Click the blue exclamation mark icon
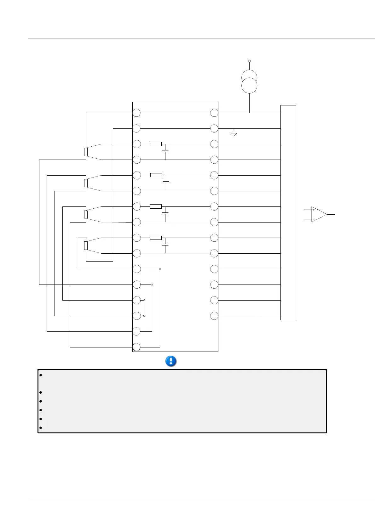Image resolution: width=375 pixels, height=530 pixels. (x=171, y=361)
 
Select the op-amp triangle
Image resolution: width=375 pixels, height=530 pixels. (x=319, y=214)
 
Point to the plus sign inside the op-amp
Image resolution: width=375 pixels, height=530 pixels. (x=314, y=210)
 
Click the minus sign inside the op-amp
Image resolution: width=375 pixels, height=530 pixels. (x=314, y=219)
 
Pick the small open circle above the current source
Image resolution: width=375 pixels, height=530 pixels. (x=249, y=61)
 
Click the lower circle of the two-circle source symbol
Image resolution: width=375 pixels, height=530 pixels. (x=249, y=86)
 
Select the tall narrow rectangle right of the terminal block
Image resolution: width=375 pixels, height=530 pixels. (x=288, y=212)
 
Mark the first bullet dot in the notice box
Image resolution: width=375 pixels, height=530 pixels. (x=41, y=375)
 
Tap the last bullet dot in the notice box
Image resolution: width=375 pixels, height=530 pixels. (x=41, y=428)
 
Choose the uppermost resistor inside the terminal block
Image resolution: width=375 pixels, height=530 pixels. (x=156, y=144)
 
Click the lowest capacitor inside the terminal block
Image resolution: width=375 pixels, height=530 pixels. (x=165, y=245)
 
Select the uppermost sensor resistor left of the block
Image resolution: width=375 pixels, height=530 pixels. (x=86, y=152)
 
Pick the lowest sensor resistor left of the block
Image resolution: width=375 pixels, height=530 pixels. (x=86, y=245)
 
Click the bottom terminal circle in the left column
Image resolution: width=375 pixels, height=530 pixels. (x=136, y=347)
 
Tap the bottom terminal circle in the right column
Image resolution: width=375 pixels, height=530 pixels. (x=214, y=316)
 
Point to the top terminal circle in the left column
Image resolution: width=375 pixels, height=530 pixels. (x=136, y=113)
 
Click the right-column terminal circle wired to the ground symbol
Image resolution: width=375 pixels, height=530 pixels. (x=214, y=128)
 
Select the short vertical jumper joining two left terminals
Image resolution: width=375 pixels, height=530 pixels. (x=144, y=308)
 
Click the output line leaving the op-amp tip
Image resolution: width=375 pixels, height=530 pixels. (x=331, y=214)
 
